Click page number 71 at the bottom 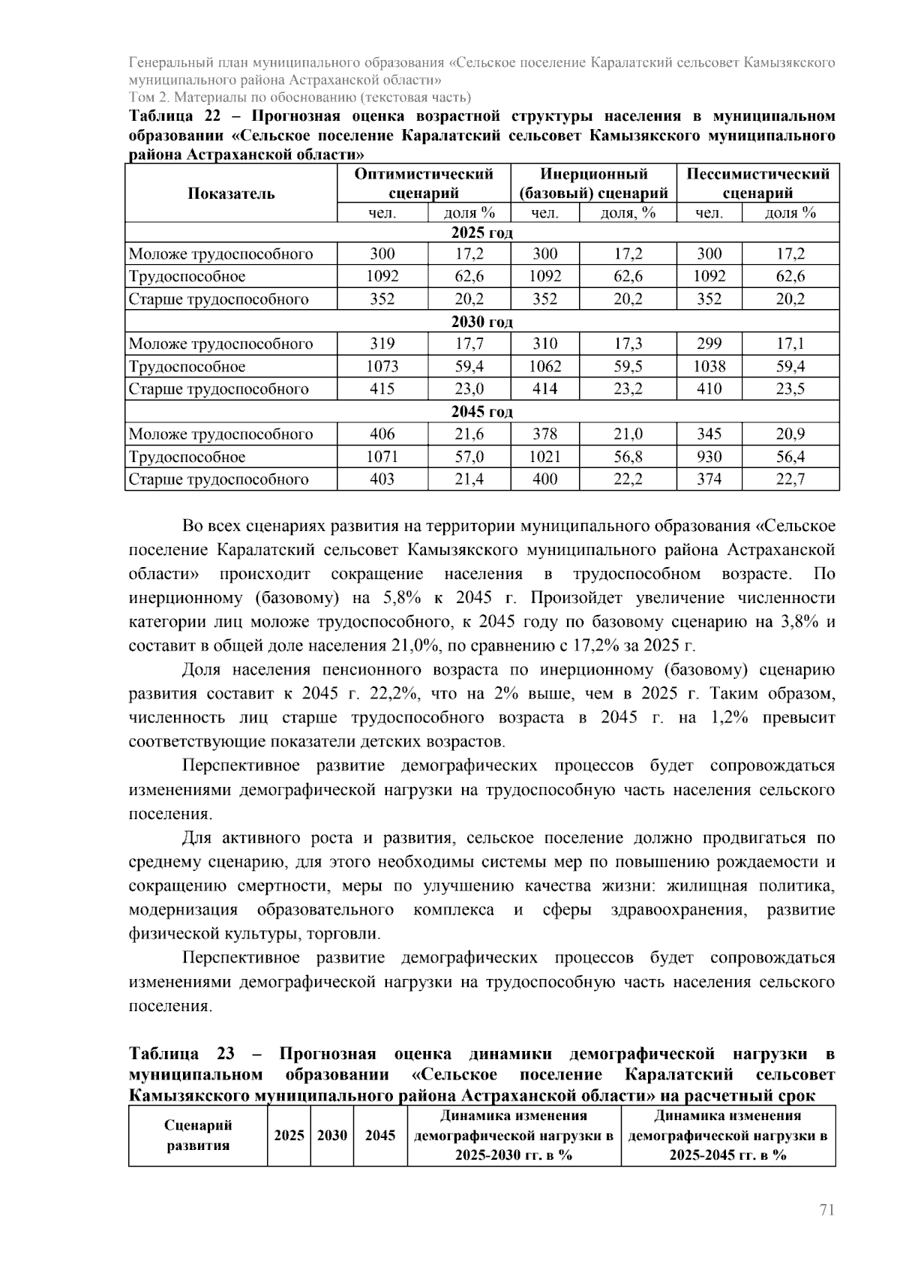pyautogui.click(x=826, y=1210)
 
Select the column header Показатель pyautogui.click(x=231, y=194)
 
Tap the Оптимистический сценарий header pyautogui.click(x=424, y=183)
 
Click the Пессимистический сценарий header pyautogui.click(x=757, y=183)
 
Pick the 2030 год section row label pyautogui.click(x=481, y=322)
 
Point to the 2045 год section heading pyautogui.click(x=481, y=412)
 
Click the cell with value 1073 pyautogui.click(x=382, y=367)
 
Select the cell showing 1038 pyautogui.click(x=709, y=367)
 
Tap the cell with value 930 pyautogui.click(x=709, y=457)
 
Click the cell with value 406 pyautogui.click(x=382, y=434)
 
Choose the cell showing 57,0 pyautogui.click(x=469, y=457)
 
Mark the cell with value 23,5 pyautogui.click(x=790, y=389)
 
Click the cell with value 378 pyautogui.click(x=544, y=434)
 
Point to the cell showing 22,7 pyautogui.click(x=790, y=479)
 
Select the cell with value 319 pyautogui.click(x=382, y=344)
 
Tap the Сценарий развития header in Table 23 pyautogui.click(x=198, y=1135)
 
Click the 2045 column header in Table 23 pyautogui.click(x=379, y=1135)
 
